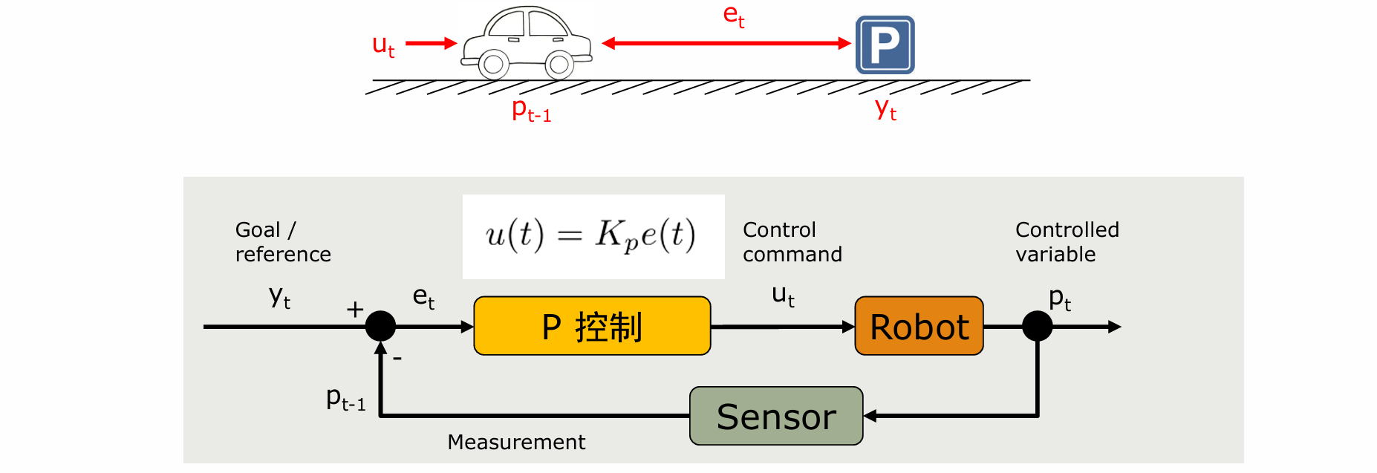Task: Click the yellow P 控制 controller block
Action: (592, 326)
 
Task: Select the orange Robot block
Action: (919, 326)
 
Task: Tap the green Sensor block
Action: (776, 416)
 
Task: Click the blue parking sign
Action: (885, 45)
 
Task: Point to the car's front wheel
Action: (559, 65)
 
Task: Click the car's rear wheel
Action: (493, 65)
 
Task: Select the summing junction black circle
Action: (380, 326)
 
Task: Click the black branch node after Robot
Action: (1037, 326)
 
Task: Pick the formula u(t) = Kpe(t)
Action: (592, 236)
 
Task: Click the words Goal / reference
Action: (282, 242)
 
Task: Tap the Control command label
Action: (792, 242)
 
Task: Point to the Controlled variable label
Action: (1067, 242)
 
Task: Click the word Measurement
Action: (516, 443)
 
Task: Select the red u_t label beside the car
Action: (383, 46)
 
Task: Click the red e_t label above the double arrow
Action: (734, 16)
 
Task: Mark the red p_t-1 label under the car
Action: (531, 111)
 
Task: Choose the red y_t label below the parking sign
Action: (885, 110)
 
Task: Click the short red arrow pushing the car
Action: (431, 43)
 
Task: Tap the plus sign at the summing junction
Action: (355, 309)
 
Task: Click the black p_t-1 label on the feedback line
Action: (345, 399)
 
